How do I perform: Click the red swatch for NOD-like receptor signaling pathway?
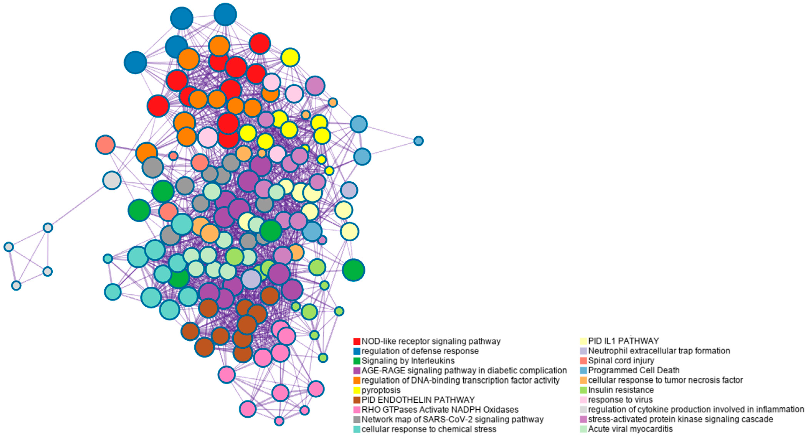(357, 341)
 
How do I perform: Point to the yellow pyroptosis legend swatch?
(357, 390)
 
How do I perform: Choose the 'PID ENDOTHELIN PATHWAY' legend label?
(418, 400)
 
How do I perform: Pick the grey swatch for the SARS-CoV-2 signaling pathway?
(357, 420)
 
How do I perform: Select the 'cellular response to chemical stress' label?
(429, 429)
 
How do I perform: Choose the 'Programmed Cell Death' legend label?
(634, 370)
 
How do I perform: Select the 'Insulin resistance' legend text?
(621, 390)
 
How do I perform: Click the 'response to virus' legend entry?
(620, 400)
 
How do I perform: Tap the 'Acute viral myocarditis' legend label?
(630, 429)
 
